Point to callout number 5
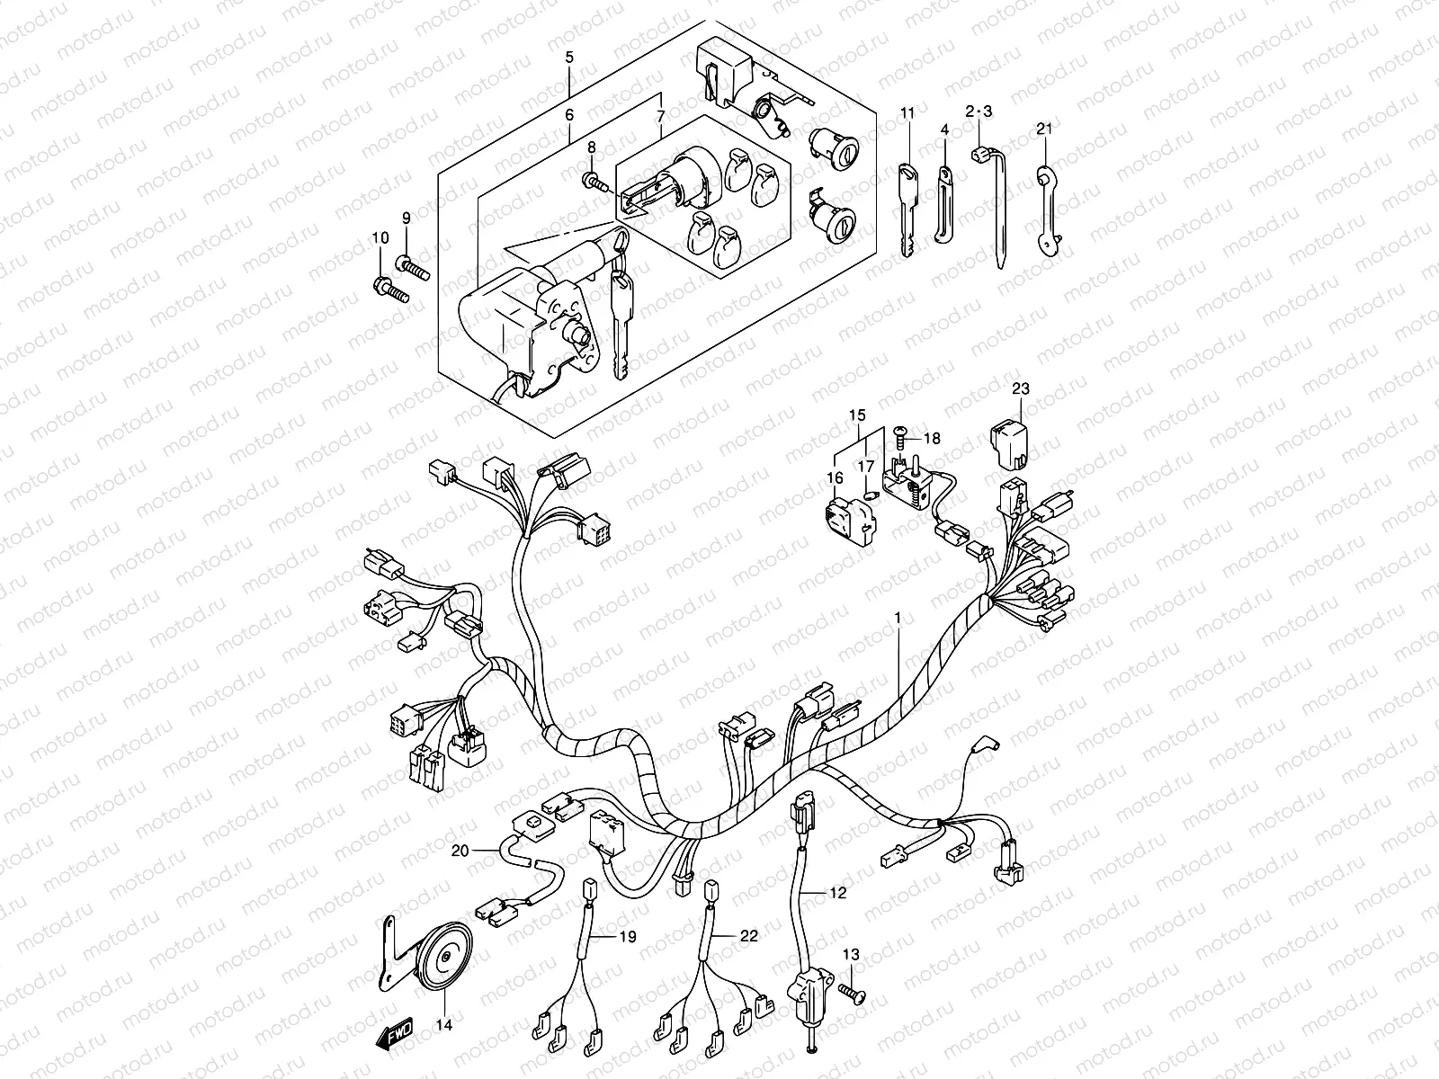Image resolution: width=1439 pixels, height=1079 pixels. pyautogui.click(x=568, y=58)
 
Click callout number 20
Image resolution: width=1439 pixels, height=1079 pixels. pyautogui.click(x=460, y=850)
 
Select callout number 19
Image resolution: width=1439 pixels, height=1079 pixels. pyautogui.click(x=627, y=936)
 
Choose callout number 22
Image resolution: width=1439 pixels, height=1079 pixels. pyautogui.click(x=747, y=936)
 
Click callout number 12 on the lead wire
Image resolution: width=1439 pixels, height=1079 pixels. pyautogui.click(x=837, y=894)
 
